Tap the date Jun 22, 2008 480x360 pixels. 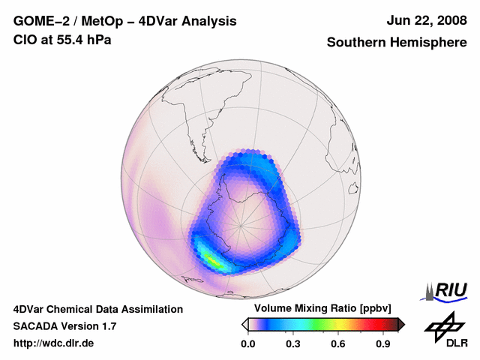[425, 21]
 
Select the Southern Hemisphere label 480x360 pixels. [396, 43]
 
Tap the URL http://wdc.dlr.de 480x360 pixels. [54, 343]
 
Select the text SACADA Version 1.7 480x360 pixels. [64, 326]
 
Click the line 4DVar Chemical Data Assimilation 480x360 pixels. [98, 309]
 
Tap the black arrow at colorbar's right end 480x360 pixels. [401, 324]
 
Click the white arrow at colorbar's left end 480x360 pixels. [244, 324]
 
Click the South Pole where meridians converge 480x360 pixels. [241, 225]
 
